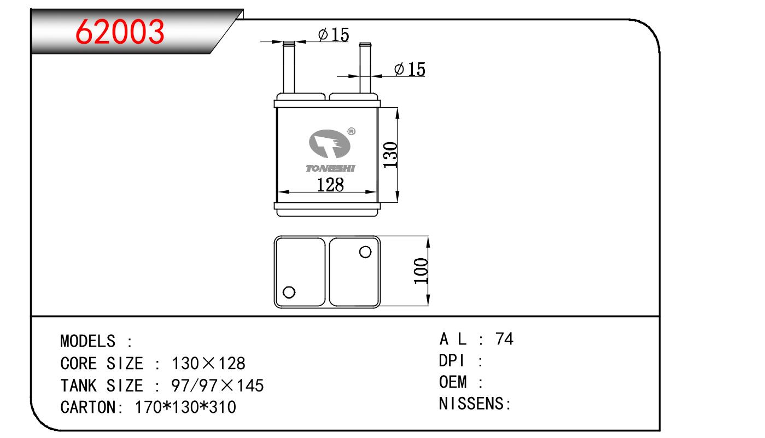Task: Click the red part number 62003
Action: point(120,32)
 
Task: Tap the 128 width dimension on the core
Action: point(330,185)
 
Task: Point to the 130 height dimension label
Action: point(390,155)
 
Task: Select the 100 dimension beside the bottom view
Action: point(421,271)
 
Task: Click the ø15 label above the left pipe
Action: point(334,34)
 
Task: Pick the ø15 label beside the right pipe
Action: point(410,69)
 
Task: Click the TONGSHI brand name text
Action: point(330,168)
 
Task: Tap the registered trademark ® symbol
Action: point(351,131)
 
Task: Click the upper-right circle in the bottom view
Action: point(365,252)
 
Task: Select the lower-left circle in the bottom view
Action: point(289,292)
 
